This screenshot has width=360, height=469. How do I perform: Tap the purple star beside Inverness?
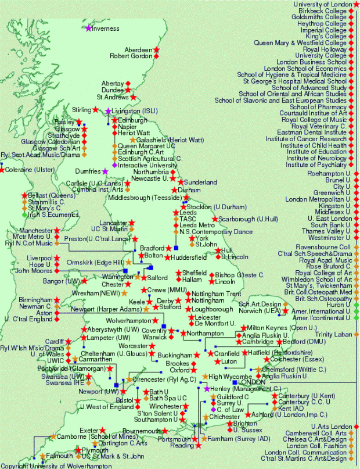(88, 28)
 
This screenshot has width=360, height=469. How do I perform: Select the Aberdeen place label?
(139, 49)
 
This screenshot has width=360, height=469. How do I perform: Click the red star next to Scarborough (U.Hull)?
(214, 219)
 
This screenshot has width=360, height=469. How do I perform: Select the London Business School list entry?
(312, 62)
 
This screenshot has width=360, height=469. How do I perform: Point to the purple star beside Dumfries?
(105, 171)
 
